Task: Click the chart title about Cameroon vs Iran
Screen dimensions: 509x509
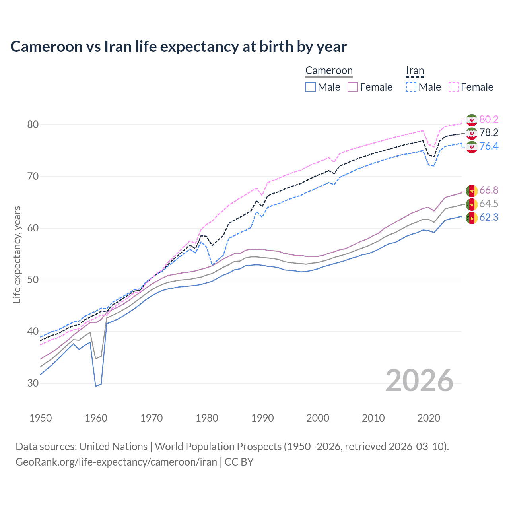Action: coord(179,47)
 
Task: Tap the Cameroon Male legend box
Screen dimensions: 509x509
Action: coord(311,87)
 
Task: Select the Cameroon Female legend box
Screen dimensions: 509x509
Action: coord(353,87)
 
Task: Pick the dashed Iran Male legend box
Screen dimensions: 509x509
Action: coord(411,87)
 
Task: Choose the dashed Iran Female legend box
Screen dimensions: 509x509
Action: coord(454,87)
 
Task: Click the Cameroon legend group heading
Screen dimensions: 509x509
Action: coord(329,71)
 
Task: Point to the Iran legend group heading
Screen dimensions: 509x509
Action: coord(415,71)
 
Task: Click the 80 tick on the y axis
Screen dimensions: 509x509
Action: coord(33,125)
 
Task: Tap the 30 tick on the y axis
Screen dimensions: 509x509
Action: coord(33,383)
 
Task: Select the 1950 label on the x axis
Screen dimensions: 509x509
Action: coord(41,418)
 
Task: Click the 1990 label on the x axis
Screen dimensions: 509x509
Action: coord(262,418)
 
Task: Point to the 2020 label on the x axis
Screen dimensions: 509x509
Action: coord(429,418)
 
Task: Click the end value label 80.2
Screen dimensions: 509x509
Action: coord(489,119)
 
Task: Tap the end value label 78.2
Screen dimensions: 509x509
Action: coord(489,133)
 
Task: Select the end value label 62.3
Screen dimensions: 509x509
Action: coord(489,218)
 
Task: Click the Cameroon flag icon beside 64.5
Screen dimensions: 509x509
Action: coord(472,204)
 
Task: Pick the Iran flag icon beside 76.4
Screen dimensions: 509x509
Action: coord(472,147)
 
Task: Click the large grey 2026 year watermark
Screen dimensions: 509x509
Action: coord(420,381)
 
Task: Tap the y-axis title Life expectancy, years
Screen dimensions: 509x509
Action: coord(17,254)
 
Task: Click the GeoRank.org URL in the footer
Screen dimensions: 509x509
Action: coord(116,462)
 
